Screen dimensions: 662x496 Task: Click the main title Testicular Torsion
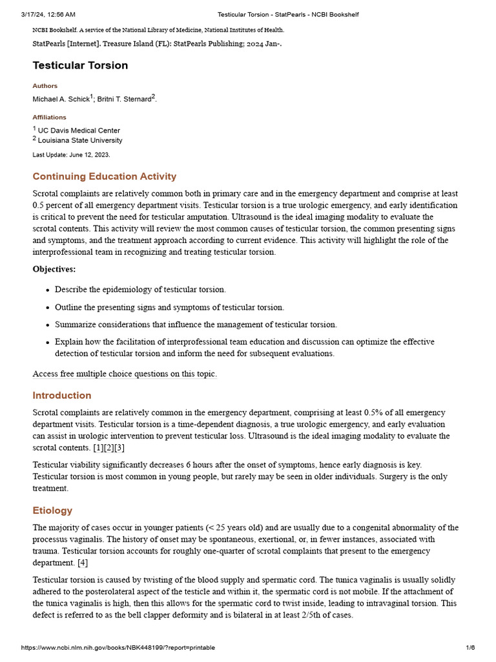[80, 65]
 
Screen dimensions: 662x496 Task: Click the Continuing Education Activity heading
[104, 176]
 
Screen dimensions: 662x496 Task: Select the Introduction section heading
[62, 396]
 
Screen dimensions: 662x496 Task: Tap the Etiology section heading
[52, 511]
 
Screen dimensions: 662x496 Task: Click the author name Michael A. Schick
[61, 99]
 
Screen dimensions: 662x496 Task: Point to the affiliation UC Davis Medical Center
[79, 131]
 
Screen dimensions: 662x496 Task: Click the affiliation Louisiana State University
[80, 140]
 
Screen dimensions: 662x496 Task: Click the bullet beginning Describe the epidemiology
[140, 290]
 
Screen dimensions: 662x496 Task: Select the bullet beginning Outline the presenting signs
[169, 307]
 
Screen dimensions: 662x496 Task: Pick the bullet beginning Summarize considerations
[196, 325]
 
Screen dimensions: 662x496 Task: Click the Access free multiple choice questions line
[125, 374]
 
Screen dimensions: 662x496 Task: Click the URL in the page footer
[118, 648]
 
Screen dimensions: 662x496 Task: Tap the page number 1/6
[470, 648]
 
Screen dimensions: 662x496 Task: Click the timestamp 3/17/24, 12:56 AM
[48, 14]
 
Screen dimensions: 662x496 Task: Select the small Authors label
[45, 86]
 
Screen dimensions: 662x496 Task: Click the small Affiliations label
[49, 118]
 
